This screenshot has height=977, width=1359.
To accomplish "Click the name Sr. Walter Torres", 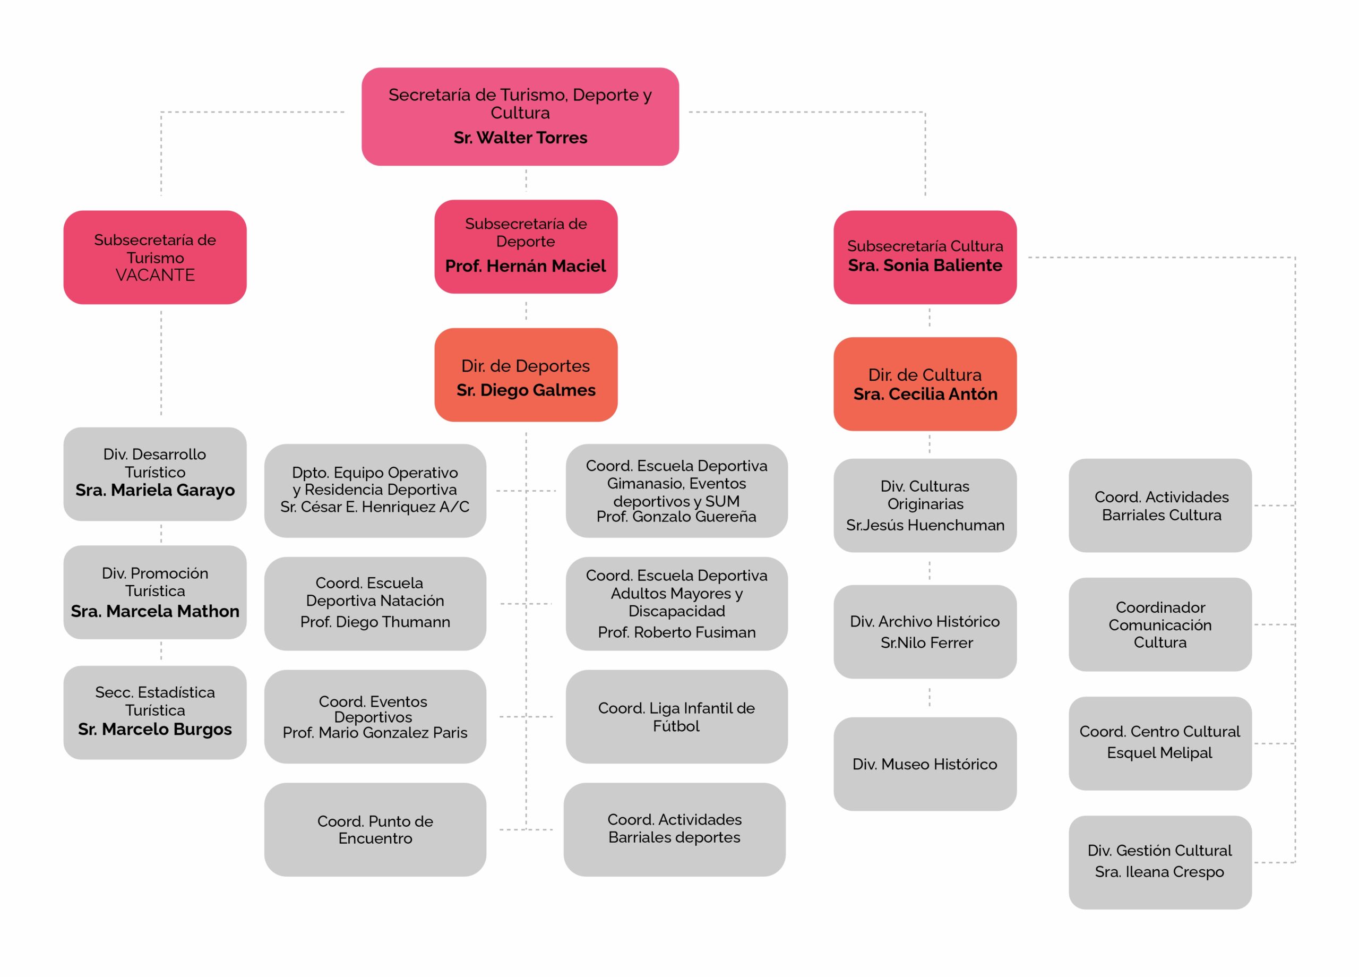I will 520,138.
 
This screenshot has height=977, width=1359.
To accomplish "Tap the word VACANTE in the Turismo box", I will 155,275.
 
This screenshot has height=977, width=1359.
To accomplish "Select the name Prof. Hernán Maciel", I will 526,266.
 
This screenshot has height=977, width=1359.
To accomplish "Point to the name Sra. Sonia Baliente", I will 925,265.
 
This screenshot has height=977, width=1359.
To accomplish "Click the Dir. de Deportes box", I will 526,375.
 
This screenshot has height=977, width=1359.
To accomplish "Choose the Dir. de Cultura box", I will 925,383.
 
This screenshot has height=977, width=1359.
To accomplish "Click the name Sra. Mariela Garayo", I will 155,490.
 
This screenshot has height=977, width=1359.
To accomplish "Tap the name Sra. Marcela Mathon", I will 155,611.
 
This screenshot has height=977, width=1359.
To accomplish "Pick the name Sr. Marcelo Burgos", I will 155,730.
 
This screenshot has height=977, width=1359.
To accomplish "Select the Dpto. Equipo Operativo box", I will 375,490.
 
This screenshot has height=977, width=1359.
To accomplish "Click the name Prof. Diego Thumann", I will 375,622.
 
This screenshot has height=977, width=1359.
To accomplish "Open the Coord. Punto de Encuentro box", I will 375,829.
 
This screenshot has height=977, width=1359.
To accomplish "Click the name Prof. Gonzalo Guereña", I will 676,517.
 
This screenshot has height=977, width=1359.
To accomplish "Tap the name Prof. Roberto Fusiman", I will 676,632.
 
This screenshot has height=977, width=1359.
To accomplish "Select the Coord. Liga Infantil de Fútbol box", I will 676,717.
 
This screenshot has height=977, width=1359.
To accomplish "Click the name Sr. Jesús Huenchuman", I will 925,525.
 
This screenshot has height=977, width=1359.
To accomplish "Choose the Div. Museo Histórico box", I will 925,764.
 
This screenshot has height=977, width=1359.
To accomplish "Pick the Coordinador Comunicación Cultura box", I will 1160,624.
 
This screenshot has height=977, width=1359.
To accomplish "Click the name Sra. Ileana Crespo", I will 1159,872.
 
